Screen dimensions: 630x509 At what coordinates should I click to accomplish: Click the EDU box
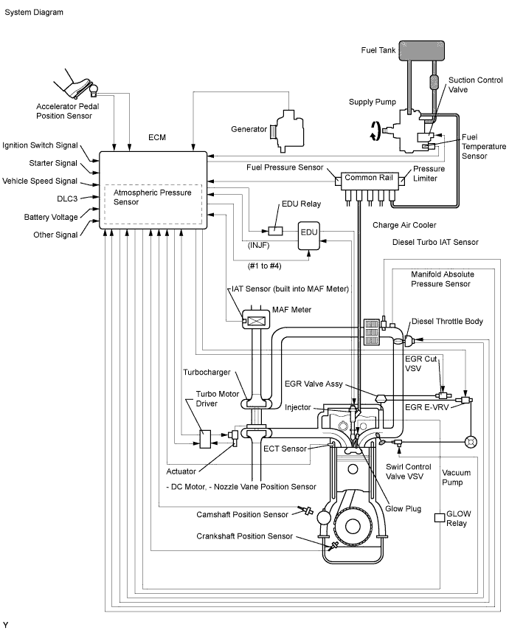308,232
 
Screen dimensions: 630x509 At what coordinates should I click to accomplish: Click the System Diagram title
34,13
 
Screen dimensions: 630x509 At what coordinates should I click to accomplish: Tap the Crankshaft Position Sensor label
244,536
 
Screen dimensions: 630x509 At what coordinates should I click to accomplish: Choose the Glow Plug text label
404,508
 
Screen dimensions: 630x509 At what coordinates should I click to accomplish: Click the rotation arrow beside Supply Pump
375,131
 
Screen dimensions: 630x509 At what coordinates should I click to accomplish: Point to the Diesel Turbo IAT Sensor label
435,242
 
